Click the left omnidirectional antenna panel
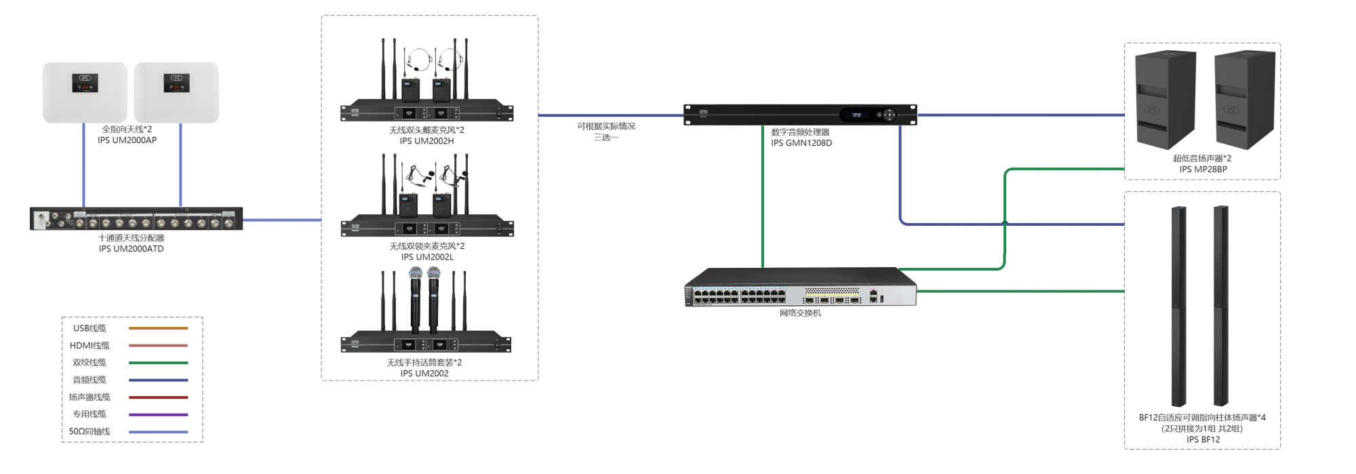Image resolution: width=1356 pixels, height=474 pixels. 85,93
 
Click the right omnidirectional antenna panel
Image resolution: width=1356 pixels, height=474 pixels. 176,93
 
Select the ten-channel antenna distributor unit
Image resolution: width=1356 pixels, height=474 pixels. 136,219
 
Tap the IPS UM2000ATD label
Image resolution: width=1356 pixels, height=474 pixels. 131,249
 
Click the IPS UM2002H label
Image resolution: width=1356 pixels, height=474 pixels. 426,141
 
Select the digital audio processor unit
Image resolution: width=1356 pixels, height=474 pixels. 800,115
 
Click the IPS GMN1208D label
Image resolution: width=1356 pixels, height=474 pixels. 801,143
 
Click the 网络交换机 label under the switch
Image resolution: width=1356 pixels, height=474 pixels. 800,313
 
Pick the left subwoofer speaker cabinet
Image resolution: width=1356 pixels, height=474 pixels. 1165,100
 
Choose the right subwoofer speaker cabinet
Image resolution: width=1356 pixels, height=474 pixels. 1245,100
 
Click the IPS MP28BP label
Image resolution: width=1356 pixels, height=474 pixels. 1203,170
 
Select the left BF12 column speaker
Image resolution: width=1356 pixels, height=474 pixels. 1179,306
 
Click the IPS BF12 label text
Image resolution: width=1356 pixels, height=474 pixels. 1203,439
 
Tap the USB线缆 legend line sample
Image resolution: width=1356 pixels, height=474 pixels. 158,328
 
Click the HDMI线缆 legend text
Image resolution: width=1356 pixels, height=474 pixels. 89,346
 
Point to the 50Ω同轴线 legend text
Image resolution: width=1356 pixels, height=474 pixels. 89,431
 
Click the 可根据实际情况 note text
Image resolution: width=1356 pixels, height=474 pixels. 606,126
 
